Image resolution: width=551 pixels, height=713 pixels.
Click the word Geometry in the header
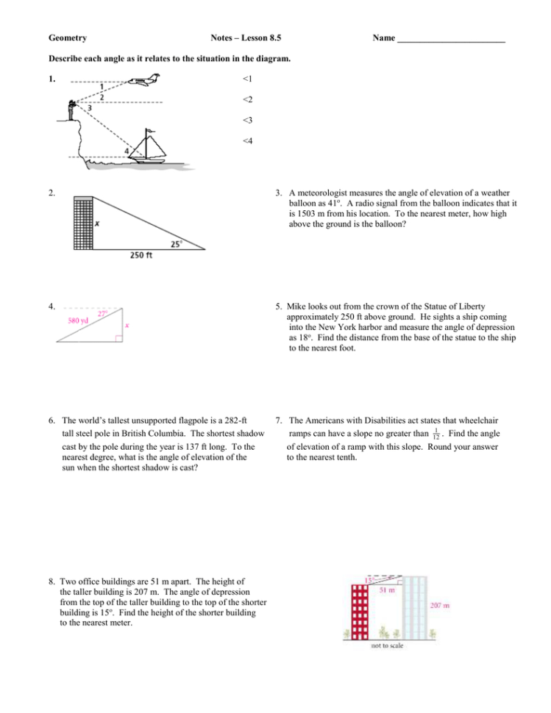click(x=68, y=37)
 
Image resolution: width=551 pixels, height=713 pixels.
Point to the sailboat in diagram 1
click(x=150, y=146)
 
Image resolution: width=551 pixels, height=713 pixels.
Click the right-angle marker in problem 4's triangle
click(x=119, y=339)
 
